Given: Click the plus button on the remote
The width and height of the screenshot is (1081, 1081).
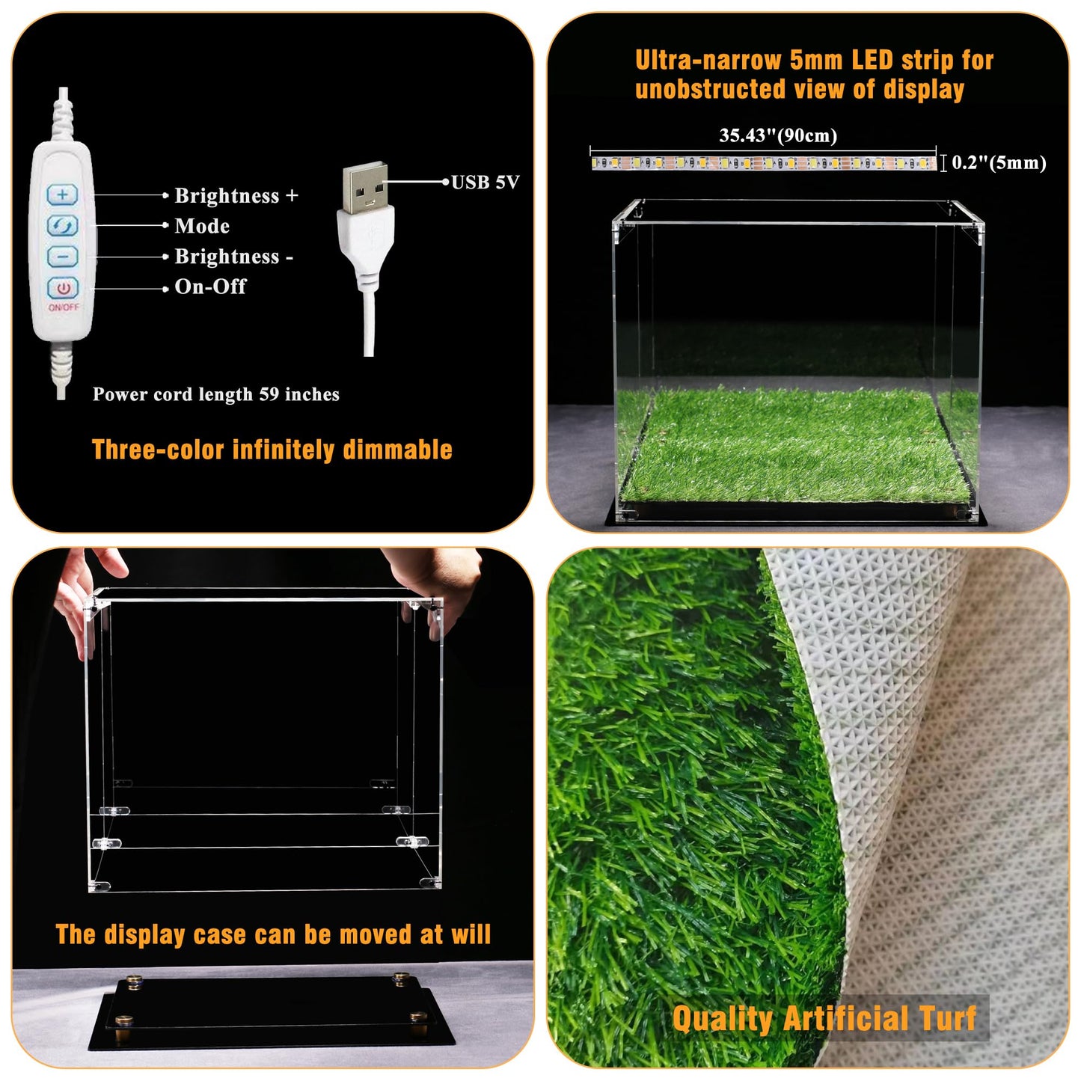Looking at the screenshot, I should pyautogui.click(x=62, y=195).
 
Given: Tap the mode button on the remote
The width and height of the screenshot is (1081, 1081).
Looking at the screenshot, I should pyautogui.click(x=62, y=225).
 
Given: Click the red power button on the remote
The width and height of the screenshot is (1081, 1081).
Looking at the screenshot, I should pyautogui.click(x=63, y=288).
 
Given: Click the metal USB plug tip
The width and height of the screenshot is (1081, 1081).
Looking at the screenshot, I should pyautogui.click(x=365, y=186).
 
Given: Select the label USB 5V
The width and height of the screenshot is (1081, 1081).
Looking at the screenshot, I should pyautogui.click(x=485, y=183).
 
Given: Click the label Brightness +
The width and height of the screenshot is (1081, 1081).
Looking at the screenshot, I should pyautogui.click(x=236, y=196).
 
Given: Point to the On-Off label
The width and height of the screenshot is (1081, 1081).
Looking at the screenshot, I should pyautogui.click(x=210, y=287).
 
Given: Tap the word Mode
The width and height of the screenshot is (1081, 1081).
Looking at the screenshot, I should pyautogui.click(x=202, y=226).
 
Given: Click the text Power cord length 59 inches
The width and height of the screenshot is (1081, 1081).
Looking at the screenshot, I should pyautogui.click(x=215, y=394).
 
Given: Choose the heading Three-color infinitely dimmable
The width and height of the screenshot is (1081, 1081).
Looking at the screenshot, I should pyautogui.click(x=272, y=450).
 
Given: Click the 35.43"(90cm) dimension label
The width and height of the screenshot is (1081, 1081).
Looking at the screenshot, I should pyautogui.click(x=778, y=135).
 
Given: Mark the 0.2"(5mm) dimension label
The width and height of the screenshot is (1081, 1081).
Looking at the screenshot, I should pyautogui.click(x=999, y=163).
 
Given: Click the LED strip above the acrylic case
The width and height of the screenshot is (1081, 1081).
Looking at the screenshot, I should pyautogui.click(x=763, y=162).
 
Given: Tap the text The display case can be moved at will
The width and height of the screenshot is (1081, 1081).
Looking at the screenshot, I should pyautogui.click(x=273, y=934).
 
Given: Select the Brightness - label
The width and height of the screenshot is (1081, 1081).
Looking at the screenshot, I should pyautogui.click(x=233, y=257).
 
